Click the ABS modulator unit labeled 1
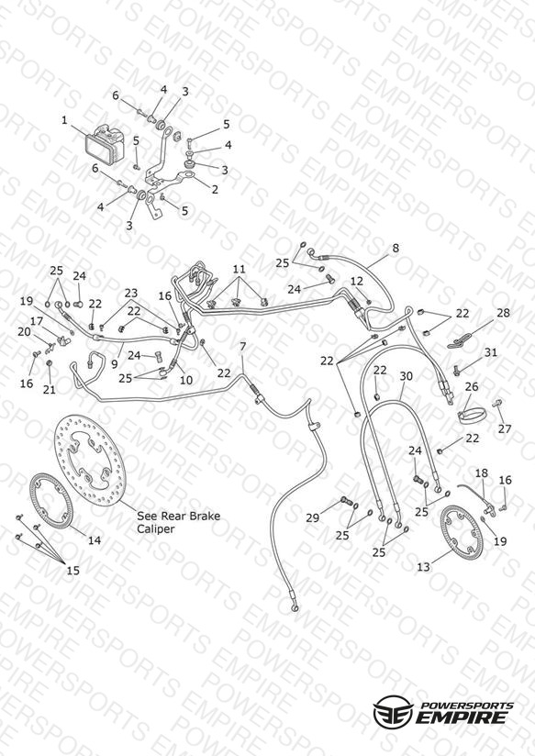pos(106,145)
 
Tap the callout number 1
pos(64,119)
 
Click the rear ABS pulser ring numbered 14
pos(51,502)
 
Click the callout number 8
pos(396,249)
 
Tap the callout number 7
pos(242,347)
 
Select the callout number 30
pos(407,375)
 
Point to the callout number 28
pos(503,313)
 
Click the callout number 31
pos(491,352)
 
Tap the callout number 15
pos(72,571)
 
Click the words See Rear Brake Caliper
pos(179,522)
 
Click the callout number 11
pos(239,269)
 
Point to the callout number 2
pos(215,189)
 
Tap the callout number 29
pos(313,517)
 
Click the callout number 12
pos(356,281)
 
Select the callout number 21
pos(50,389)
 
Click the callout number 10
pos(186,380)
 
